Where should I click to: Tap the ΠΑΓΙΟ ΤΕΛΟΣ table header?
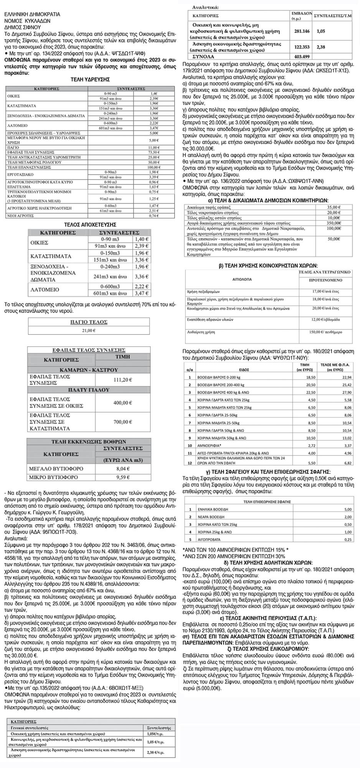[89, 322]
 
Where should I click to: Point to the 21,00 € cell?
[89, 330]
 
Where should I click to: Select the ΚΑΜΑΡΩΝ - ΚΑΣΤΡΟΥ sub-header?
[89, 370]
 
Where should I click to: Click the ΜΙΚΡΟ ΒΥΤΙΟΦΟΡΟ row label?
[53, 477]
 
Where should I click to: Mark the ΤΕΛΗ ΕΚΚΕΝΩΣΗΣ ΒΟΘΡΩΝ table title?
[89, 442]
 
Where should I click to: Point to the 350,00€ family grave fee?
[334, 223]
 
